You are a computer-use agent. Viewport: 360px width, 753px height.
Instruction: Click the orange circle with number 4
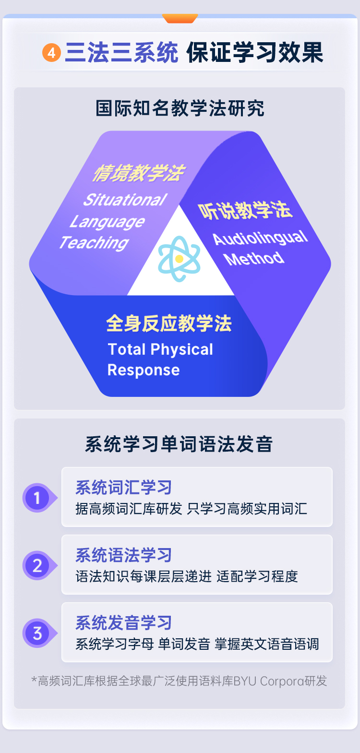tap(51, 53)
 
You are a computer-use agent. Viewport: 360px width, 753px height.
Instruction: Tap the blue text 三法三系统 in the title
tap(122, 53)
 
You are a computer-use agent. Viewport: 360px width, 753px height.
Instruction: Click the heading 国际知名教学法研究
tap(180, 108)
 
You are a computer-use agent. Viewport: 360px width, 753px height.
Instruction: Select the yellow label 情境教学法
tap(139, 173)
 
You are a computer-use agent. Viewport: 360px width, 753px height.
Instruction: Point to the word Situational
tap(125, 200)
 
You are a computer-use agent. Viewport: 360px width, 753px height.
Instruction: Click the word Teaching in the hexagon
tap(94, 242)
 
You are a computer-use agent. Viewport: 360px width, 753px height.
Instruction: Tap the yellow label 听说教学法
tap(245, 210)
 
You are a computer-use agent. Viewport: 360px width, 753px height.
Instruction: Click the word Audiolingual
tap(260, 238)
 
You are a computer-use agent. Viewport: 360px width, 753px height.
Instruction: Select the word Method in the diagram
tap(254, 259)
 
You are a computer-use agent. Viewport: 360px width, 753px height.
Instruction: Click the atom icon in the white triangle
tap(179, 259)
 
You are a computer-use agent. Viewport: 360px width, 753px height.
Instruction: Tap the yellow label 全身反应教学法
tap(169, 323)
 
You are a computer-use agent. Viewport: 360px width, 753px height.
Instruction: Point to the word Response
tap(144, 370)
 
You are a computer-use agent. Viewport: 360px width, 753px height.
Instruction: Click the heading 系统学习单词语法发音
tap(179, 444)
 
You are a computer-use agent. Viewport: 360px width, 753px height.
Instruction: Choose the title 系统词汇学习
tap(124, 488)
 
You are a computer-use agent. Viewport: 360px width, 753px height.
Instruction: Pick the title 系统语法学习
tap(124, 555)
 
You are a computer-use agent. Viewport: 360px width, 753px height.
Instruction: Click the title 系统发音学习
tap(124, 622)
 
